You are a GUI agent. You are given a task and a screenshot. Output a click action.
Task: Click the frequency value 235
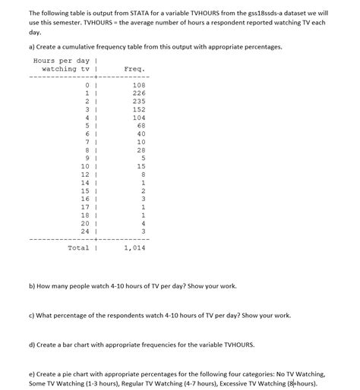click(139, 101)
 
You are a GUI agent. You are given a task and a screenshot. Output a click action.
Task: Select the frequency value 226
click(139, 93)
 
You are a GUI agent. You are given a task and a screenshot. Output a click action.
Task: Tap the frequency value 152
click(139, 109)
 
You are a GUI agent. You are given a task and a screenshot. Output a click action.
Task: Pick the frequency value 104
click(139, 118)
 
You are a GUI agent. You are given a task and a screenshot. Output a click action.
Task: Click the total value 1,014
click(135, 247)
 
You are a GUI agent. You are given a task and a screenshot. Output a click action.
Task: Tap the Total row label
click(78, 247)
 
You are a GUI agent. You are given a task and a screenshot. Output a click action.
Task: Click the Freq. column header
click(134, 69)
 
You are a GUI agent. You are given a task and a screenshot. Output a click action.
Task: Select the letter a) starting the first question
click(31, 47)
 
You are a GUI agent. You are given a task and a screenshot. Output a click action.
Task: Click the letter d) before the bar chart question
click(31, 344)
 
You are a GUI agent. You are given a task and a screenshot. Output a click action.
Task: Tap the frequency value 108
click(139, 85)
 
